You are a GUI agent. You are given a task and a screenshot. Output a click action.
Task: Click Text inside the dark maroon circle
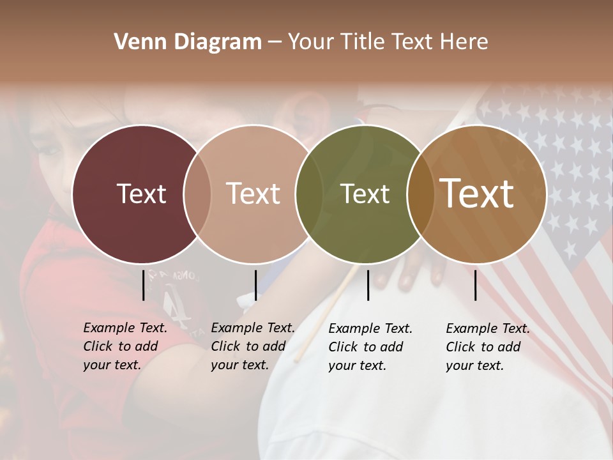141,194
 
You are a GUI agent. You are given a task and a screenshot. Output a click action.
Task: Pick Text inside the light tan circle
253,194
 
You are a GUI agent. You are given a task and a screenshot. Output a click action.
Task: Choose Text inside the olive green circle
365,194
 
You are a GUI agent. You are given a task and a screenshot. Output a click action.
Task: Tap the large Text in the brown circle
477,194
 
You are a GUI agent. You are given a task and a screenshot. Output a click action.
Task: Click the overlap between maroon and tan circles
197,194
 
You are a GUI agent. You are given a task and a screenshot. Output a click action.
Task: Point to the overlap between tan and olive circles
309,194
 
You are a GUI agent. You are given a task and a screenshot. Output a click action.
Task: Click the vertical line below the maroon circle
143,285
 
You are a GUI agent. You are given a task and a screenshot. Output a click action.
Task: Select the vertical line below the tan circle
255,285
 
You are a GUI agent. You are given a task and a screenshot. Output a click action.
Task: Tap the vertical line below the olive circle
368,285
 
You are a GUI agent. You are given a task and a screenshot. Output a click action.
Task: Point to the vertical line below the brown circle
475,285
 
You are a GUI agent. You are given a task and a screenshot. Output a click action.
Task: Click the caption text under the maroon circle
125,346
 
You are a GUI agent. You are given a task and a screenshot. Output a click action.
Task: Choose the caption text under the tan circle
253,346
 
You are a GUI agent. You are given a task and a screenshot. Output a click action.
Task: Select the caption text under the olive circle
370,347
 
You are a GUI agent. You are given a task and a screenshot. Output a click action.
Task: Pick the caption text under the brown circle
488,347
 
